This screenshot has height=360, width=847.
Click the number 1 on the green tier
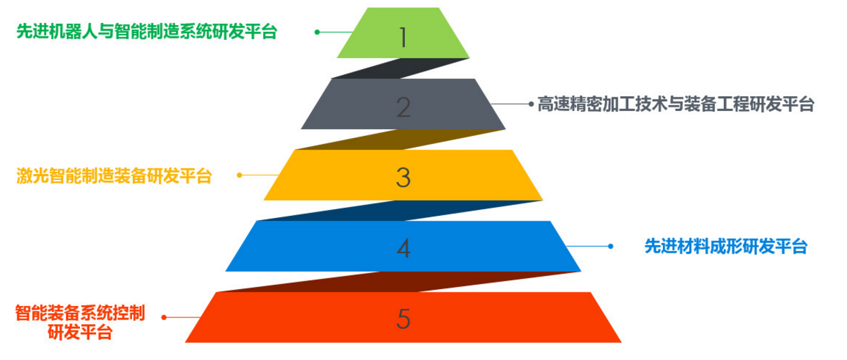[403, 37]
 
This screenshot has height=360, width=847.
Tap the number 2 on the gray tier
[404, 108]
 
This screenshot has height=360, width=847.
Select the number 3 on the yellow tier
[404, 177]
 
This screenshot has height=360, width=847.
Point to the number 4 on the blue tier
[404, 248]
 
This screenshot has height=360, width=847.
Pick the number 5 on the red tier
[404, 319]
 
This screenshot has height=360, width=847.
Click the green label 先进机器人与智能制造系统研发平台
[147, 32]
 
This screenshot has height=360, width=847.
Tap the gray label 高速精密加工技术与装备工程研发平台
[676, 104]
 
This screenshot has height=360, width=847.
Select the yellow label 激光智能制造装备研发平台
[114, 176]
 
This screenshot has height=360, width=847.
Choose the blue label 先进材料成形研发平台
[726, 246]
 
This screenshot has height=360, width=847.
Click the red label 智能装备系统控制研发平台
[80, 322]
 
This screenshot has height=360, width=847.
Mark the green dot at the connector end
[318, 32]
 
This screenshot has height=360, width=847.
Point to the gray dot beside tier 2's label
[531, 104]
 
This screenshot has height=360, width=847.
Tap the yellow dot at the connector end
[240, 175]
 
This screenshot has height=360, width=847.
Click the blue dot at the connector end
[611, 246]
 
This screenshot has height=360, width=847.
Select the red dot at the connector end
[164, 317]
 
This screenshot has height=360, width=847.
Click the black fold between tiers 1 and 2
[401, 68]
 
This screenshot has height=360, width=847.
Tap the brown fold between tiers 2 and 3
[401, 139]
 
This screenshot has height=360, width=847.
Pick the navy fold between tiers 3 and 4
[399, 210]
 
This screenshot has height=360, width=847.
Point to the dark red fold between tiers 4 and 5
[398, 282]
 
